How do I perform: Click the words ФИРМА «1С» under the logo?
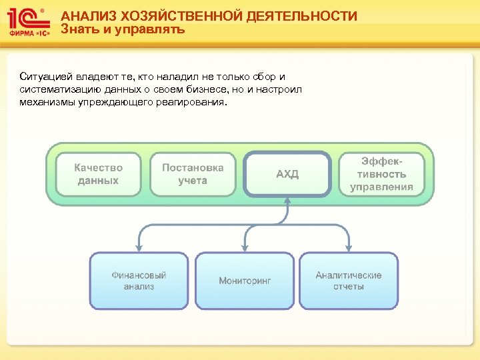pos(29,32)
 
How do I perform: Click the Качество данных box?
pos(99,175)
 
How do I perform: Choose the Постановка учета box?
pos(193,175)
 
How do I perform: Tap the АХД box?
pos(287,175)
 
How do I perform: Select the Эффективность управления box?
pos(382,175)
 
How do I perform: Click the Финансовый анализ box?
pos(139,280)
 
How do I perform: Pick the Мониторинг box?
pos(245,281)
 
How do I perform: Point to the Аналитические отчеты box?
pos(349,280)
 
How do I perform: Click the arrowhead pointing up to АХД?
pos(287,202)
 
